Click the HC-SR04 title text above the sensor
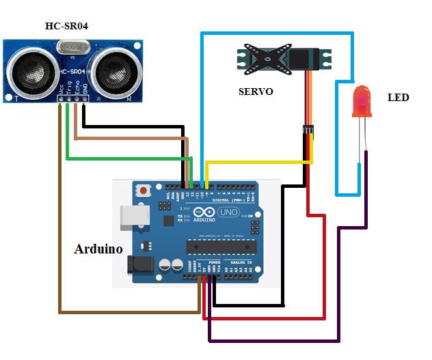click(66, 27)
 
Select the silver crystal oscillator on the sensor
click(71, 47)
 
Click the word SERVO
click(256, 91)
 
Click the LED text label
click(398, 98)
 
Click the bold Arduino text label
click(98, 249)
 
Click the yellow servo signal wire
click(260, 163)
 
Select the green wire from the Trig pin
click(123, 158)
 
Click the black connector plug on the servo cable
click(308, 130)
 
